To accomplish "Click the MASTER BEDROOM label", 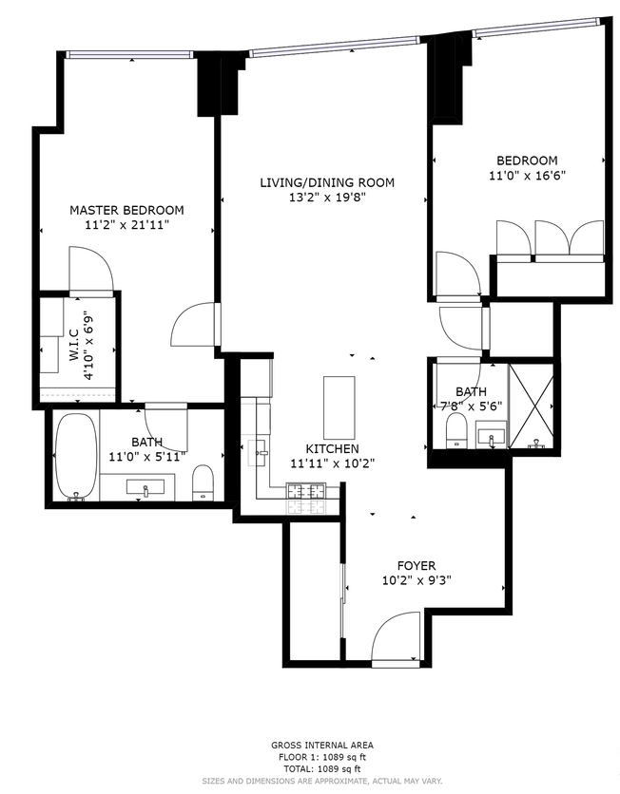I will click(x=126, y=210).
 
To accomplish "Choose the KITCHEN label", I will click(x=332, y=448).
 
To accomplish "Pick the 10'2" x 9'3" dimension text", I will click(x=416, y=581).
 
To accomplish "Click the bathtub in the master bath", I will click(x=75, y=457).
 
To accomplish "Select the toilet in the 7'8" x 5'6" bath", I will click(x=455, y=429).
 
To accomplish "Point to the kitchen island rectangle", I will click(x=339, y=404).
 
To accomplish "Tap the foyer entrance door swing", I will click(x=392, y=640).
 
